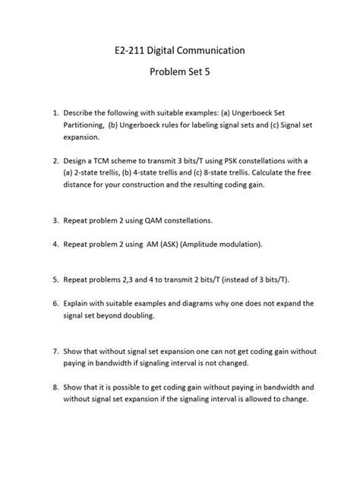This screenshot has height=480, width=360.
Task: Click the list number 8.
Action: coord(45,387)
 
